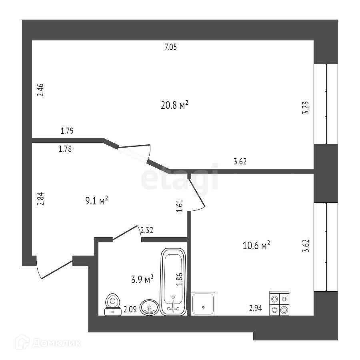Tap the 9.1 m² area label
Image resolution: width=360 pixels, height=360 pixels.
96,200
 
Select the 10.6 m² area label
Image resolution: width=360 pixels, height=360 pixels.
256,245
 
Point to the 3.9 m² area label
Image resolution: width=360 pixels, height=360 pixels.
143,279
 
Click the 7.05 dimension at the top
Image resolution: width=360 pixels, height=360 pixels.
170,47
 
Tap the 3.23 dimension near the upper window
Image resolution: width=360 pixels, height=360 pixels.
306,107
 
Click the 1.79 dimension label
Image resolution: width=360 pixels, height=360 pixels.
67,130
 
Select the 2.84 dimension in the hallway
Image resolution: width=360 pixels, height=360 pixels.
40,198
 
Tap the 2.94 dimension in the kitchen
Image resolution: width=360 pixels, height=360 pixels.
255,308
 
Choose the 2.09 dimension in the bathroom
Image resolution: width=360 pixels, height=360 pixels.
130,308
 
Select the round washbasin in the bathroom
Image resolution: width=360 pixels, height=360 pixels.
150,308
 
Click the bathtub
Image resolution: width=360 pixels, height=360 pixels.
174,282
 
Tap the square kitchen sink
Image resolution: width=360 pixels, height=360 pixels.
204,304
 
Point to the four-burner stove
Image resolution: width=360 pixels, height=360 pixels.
279,304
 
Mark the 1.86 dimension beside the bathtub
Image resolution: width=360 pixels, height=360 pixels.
180,279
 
